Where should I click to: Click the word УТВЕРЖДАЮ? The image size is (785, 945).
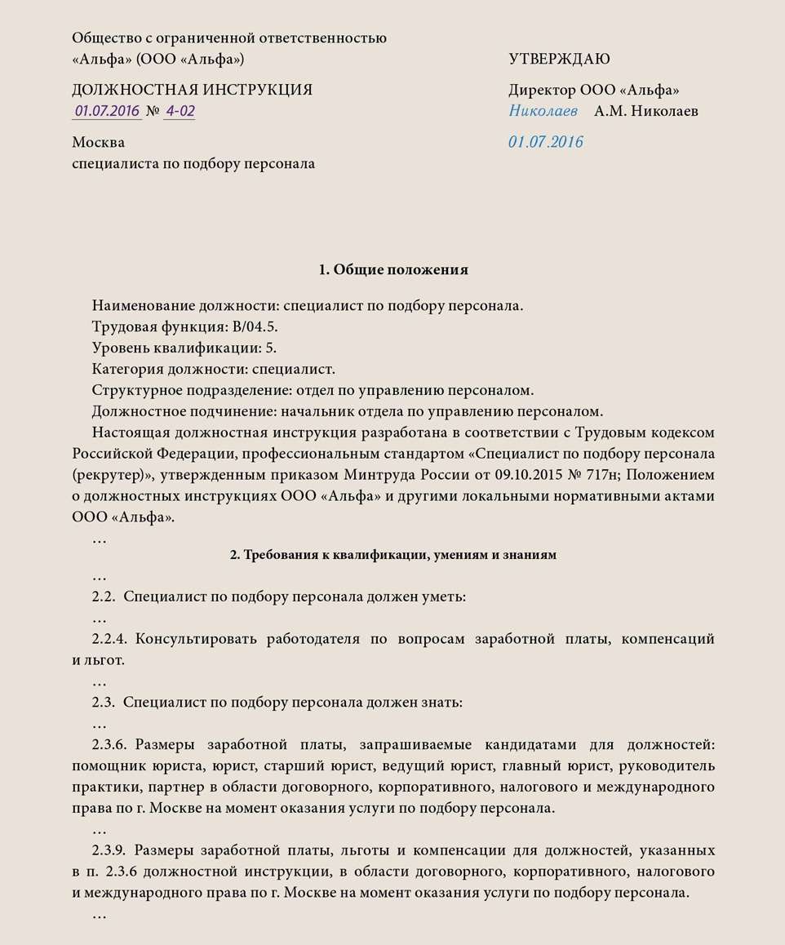559,59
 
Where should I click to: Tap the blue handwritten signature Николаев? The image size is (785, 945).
543,111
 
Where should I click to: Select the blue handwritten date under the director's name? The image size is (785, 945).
546,142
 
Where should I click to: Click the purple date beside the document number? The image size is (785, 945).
107,112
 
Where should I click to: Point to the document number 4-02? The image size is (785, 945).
180,112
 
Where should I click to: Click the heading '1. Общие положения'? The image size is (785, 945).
392,269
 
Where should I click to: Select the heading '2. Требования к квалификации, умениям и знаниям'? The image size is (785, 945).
392,555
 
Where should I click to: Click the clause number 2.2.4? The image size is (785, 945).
111,638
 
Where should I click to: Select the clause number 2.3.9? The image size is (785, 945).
111,850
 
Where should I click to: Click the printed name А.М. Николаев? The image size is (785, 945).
645,111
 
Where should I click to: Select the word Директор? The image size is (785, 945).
541,90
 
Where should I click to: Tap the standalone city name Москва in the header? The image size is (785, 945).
98,142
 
